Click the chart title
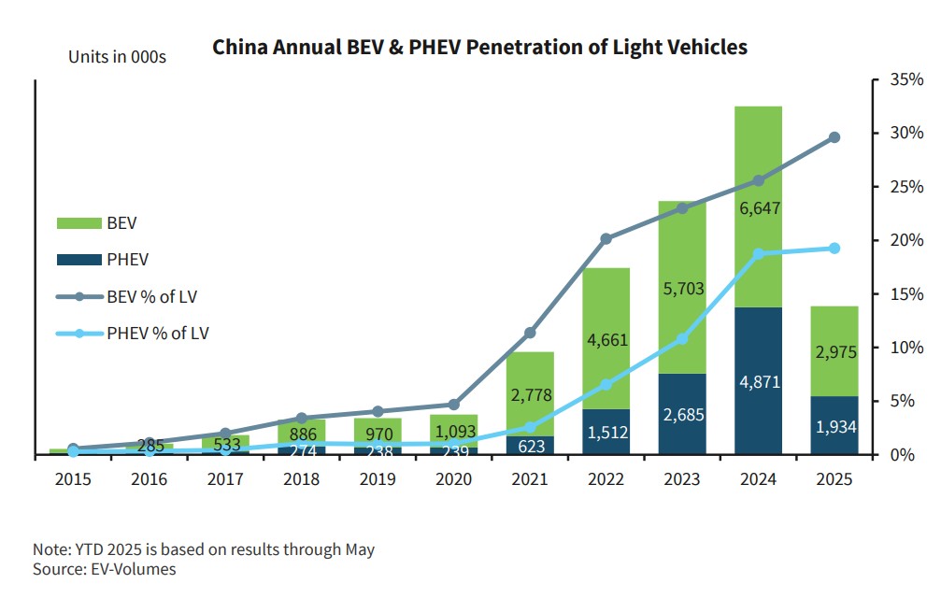click(x=479, y=48)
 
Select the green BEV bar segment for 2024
click(x=758, y=149)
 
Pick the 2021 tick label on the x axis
click(x=530, y=479)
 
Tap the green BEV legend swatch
click(x=78, y=224)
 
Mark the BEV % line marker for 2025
click(x=834, y=137)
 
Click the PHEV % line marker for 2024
click(x=758, y=253)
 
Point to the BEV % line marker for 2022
click(x=606, y=239)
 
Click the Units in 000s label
click(x=117, y=57)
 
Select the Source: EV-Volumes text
click(x=104, y=569)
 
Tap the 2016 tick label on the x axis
click(x=149, y=479)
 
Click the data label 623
click(x=530, y=447)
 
